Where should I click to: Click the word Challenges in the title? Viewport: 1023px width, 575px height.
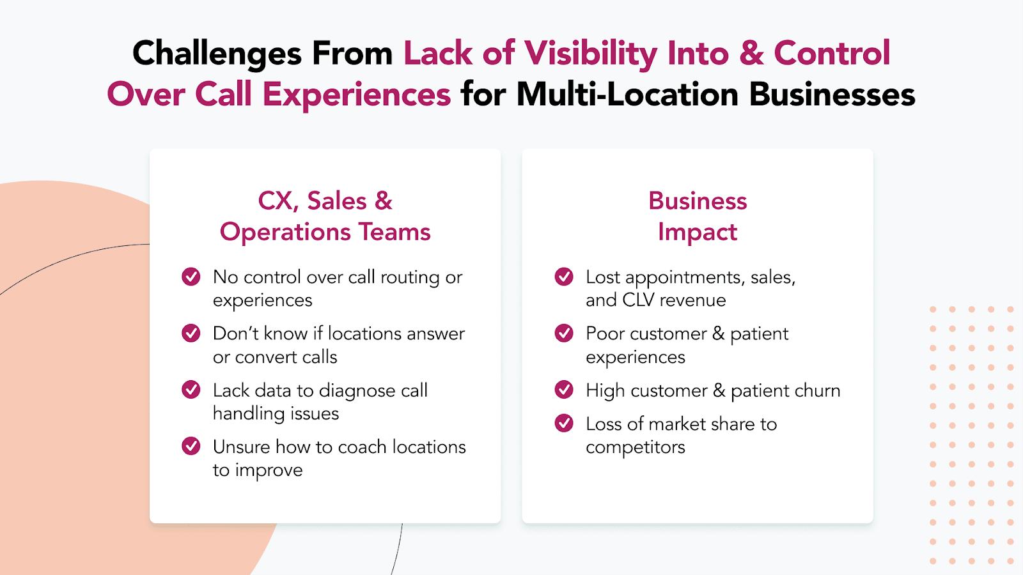[x=217, y=54]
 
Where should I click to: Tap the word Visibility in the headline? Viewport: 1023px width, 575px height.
[x=591, y=54]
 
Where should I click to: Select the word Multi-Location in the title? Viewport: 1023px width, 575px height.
[x=627, y=95]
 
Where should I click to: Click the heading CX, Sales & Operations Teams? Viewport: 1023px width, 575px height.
[x=325, y=216]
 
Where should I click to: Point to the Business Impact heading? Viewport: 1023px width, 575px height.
[x=698, y=216]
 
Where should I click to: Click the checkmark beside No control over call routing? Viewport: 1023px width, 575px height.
[x=191, y=277]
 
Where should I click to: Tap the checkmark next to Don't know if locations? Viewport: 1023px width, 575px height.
[x=191, y=333]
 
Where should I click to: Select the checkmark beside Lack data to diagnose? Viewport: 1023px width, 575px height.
[x=191, y=390]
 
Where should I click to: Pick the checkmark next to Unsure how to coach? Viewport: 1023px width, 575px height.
[x=191, y=447]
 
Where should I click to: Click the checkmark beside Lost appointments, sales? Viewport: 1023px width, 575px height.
[x=564, y=277]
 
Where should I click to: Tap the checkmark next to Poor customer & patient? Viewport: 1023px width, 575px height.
[x=564, y=333]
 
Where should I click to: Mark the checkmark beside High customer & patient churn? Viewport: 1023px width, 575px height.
[x=564, y=390]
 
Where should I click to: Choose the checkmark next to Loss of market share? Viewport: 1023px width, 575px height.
[x=564, y=424]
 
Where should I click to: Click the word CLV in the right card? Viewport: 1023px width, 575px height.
[x=639, y=300]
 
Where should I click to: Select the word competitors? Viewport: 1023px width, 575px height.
[x=636, y=448]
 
